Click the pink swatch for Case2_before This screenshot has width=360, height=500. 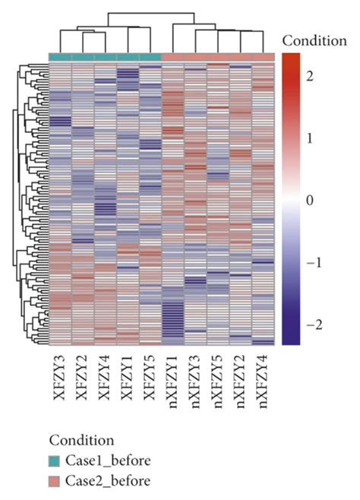(x=56, y=479)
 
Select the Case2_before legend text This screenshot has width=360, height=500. (x=106, y=479)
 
